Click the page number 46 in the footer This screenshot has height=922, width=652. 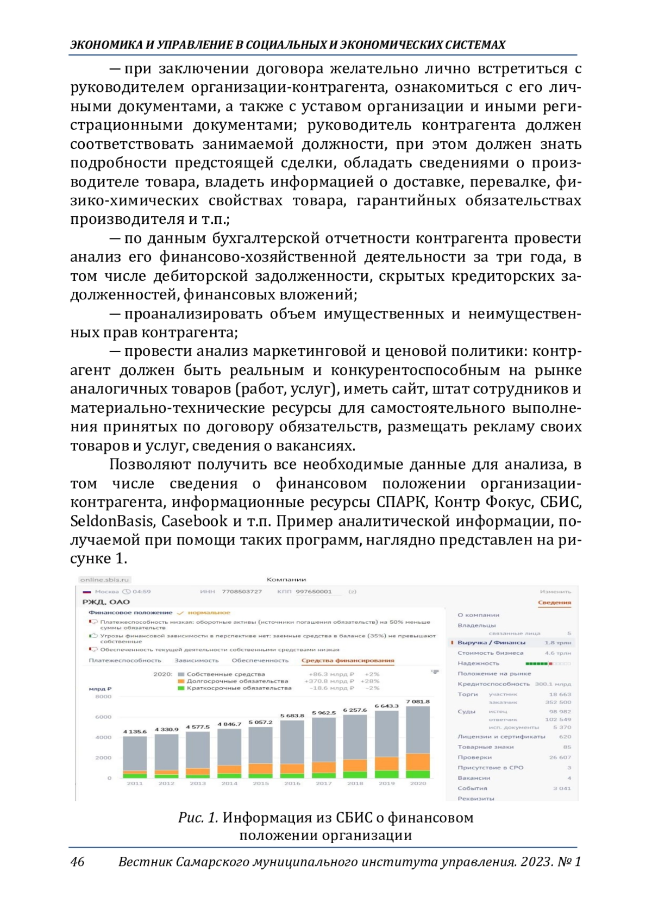pos(77,862)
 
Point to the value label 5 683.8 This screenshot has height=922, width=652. pos(292,716)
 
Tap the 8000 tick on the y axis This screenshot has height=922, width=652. pos(103,697)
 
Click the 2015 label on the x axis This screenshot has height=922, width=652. pos(261,783)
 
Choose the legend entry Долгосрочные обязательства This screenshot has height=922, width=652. pos(237,681)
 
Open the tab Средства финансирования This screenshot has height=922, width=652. pos(348,661)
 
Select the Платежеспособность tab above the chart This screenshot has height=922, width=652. pos(125,661)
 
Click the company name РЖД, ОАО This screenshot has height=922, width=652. pos(106,602)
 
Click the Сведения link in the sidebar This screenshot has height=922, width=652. pos(554,603)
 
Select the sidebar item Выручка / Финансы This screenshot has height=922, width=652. pos(491,643)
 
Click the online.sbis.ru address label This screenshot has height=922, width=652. pos(104,580)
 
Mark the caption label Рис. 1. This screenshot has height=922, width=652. pos(198,818)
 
